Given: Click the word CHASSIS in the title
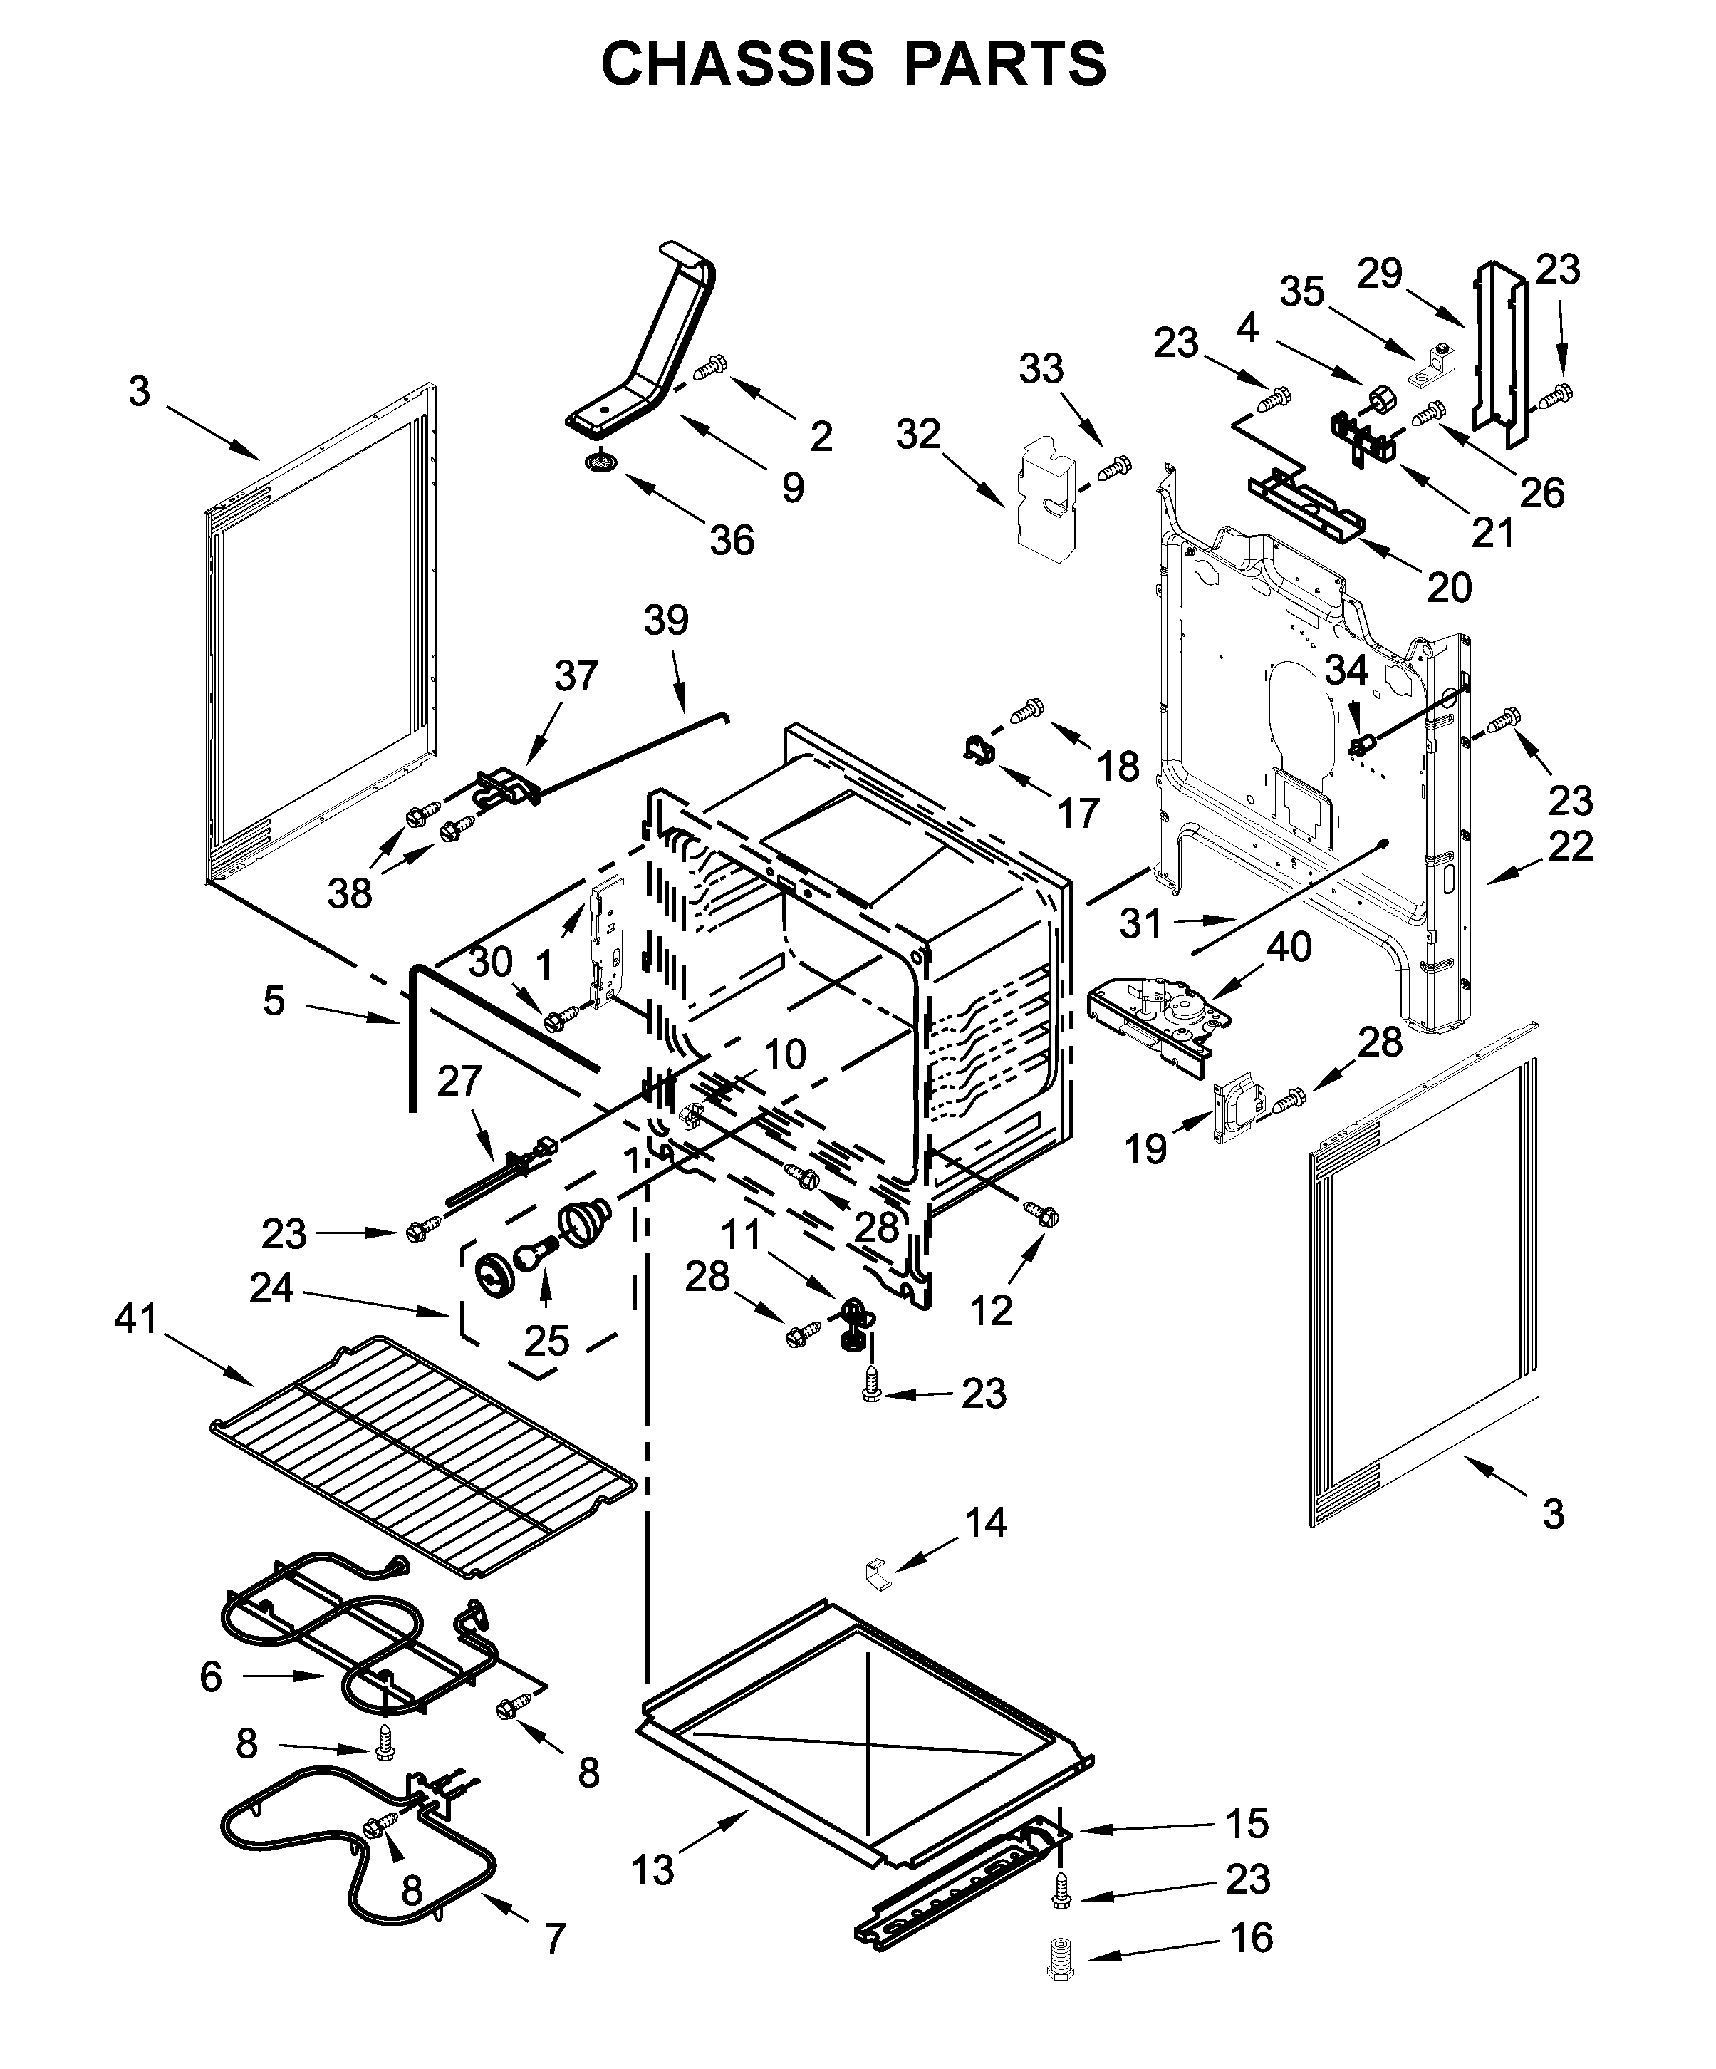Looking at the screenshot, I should point(737,65).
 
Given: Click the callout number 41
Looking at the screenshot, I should point(136,1317).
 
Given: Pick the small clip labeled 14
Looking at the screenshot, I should point(878,1573).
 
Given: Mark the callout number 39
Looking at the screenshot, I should point(666,621).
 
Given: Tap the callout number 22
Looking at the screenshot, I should point(1570,845).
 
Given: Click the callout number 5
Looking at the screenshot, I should point(274,1000).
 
